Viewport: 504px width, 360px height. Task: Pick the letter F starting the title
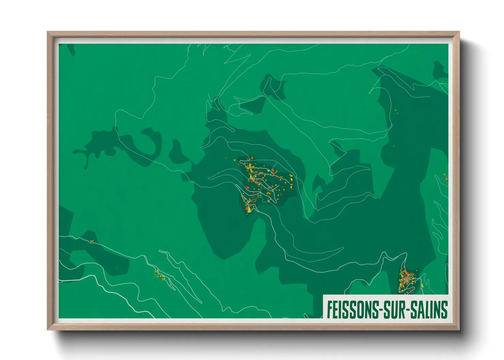[x=329, y=309]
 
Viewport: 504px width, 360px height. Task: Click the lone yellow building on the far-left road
[x=91, y=241]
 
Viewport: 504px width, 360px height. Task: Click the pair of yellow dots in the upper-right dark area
[x=396, y=111]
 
